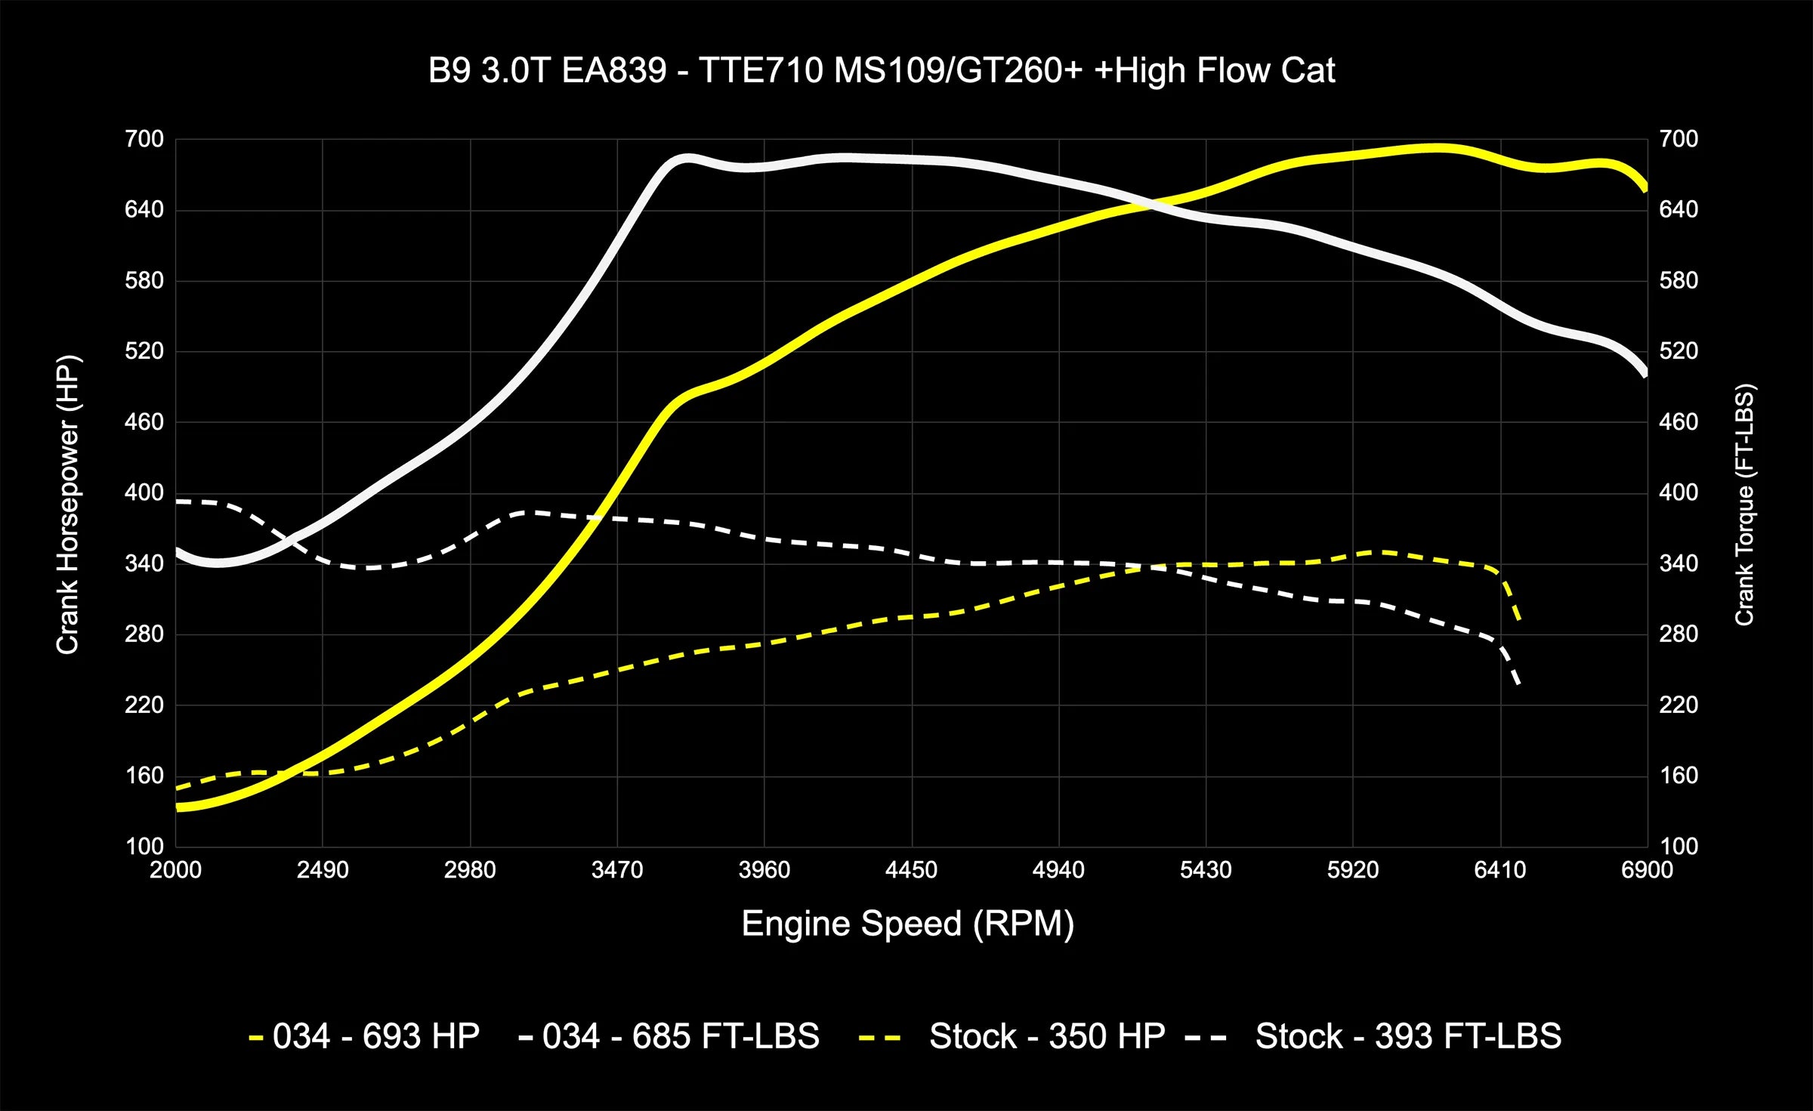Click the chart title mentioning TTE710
[881, 71]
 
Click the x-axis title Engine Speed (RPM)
[907, 924]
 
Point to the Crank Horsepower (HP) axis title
[68, 505]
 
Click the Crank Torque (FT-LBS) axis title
[1744, 505]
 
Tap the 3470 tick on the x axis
[616, 870]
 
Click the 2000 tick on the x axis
[175, 870]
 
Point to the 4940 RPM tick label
[1058, 870]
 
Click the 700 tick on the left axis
[144, 139]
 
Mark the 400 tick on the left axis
[144, 492]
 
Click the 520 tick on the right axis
[1679, 351]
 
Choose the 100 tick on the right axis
[1679, 846]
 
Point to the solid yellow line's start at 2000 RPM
[178, 807]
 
